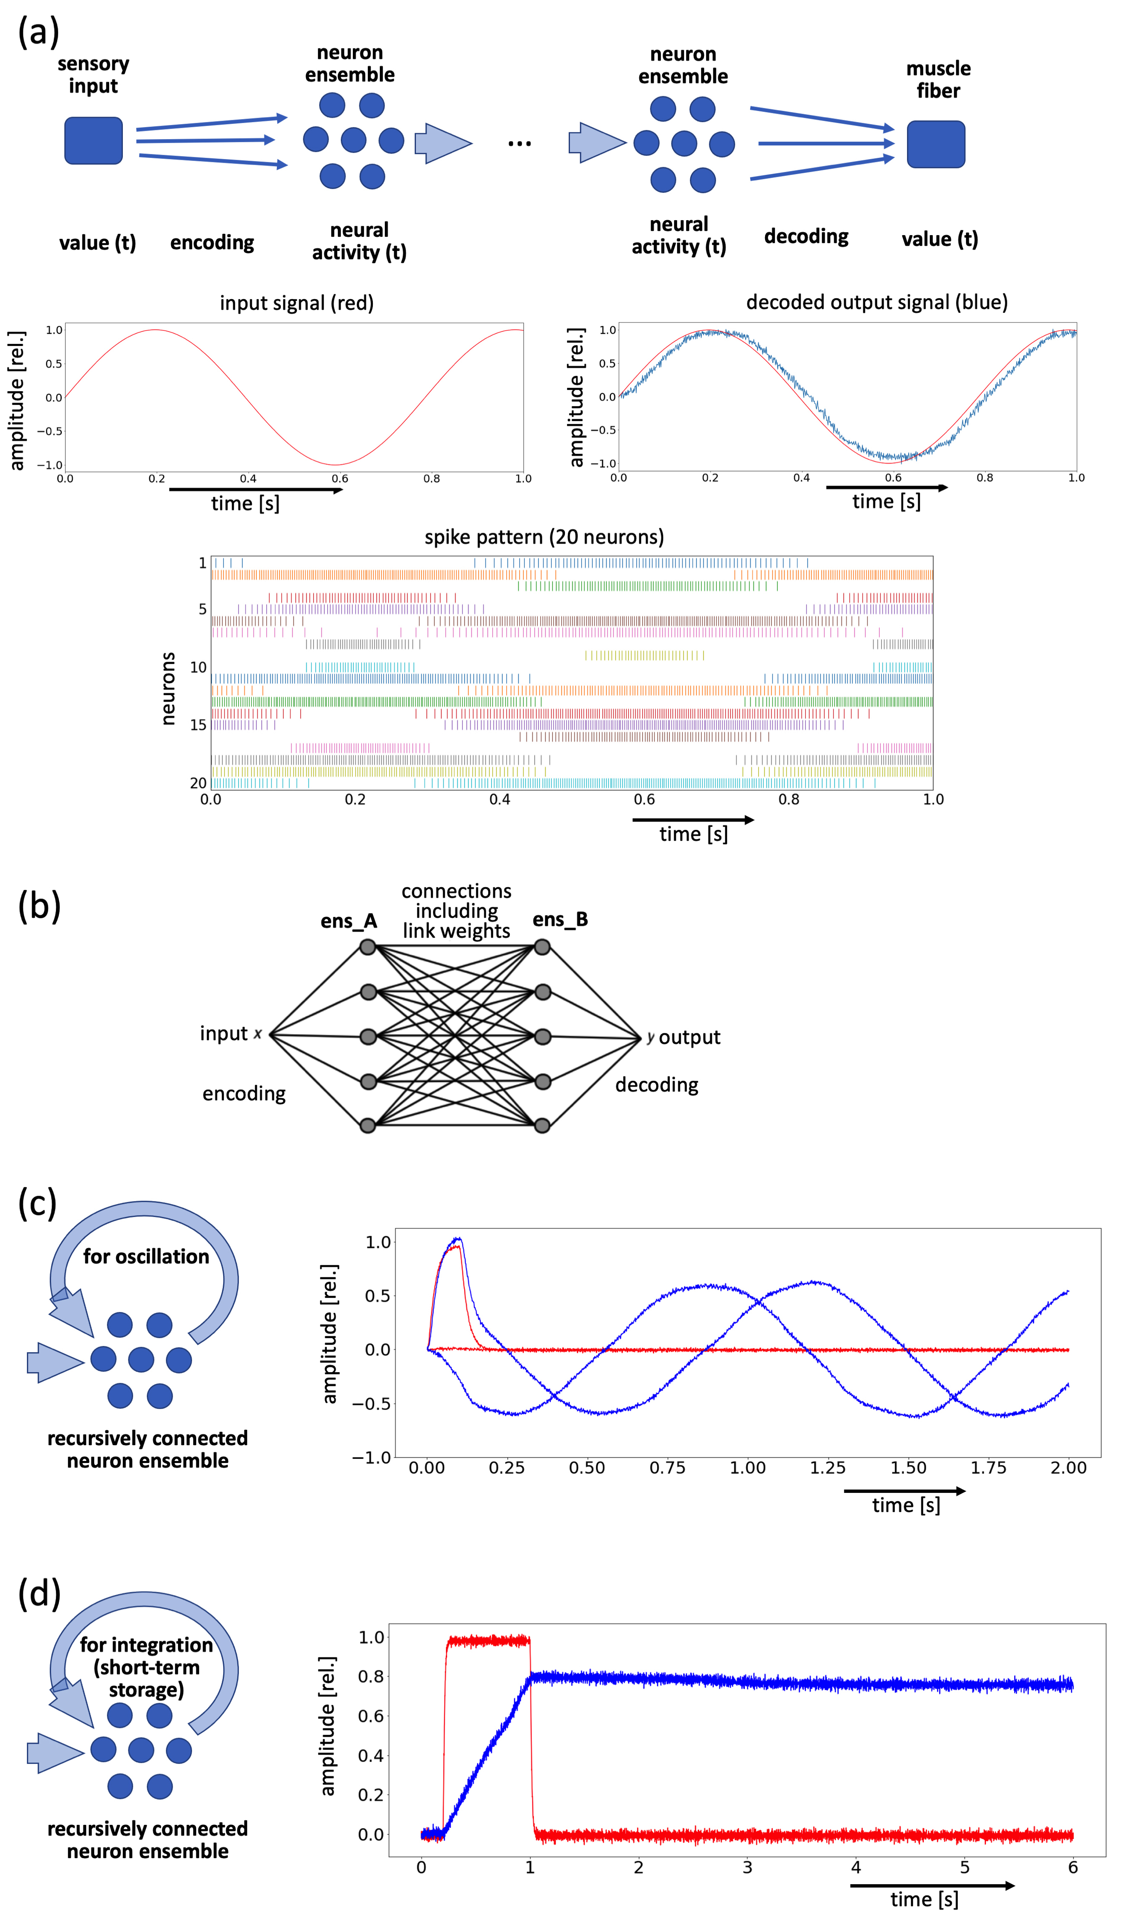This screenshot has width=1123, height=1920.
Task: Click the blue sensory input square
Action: coord(93,140)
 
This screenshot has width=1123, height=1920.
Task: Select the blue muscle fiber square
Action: coord(936,144)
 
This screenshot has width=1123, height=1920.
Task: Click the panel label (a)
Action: coord(38,33)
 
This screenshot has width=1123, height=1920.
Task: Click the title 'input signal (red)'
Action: coord(297,303)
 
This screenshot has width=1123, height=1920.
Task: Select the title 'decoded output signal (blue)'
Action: coord(876,303)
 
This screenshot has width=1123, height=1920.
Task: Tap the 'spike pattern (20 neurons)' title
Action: coord(544,537)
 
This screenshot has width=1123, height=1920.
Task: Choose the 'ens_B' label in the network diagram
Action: coord(560,919)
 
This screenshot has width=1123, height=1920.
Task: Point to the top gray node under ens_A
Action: coord(368,947)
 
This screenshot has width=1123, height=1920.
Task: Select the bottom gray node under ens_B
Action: coord(542,1126)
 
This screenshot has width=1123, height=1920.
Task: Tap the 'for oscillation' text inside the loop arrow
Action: coord(145,1257)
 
